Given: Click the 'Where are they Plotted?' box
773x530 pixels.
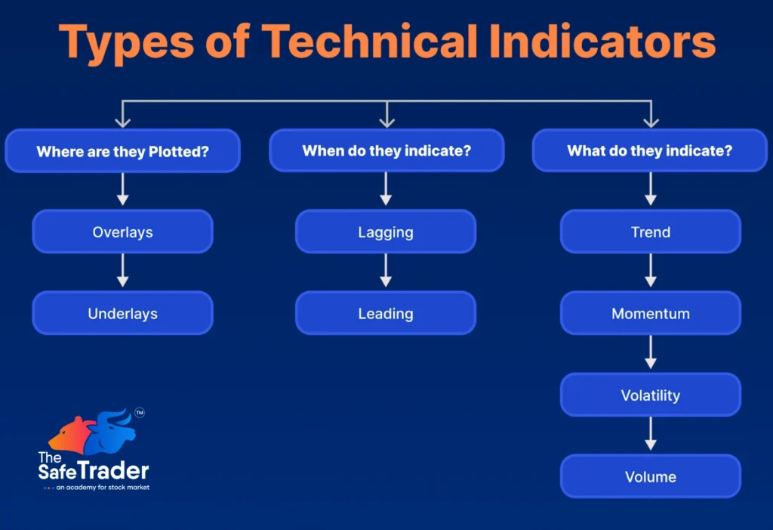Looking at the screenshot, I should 122,151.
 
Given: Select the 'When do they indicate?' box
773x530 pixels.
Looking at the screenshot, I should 386,151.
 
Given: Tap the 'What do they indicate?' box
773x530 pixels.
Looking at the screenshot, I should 649,151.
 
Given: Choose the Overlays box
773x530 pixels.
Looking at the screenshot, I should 122,232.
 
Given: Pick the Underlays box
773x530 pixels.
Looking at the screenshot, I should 122,313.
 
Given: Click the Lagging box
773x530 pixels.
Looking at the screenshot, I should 386,232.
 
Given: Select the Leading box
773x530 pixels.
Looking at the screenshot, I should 386,313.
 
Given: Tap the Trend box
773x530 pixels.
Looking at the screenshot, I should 650,232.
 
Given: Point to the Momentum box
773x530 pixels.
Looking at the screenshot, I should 650,313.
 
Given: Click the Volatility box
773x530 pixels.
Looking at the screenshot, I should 650,395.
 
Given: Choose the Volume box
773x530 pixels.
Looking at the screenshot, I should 650,476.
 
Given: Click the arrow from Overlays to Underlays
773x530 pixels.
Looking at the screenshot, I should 122,271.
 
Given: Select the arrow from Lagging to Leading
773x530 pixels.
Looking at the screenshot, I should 386,271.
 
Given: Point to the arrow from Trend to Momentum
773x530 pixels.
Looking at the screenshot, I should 650,271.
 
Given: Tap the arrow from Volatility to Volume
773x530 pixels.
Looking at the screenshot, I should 650,435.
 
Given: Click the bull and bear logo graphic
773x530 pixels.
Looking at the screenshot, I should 92,433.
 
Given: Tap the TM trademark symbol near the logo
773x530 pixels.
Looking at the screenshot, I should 139,413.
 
